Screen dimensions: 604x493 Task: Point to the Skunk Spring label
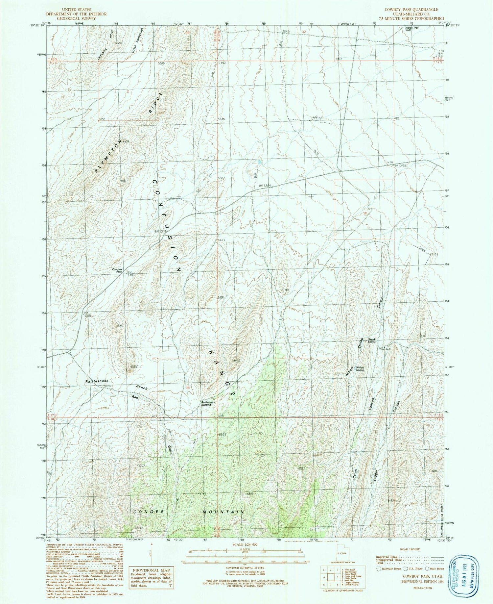click(x=371, y=340)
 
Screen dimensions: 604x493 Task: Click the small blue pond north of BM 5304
click(x=260, y=162)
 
